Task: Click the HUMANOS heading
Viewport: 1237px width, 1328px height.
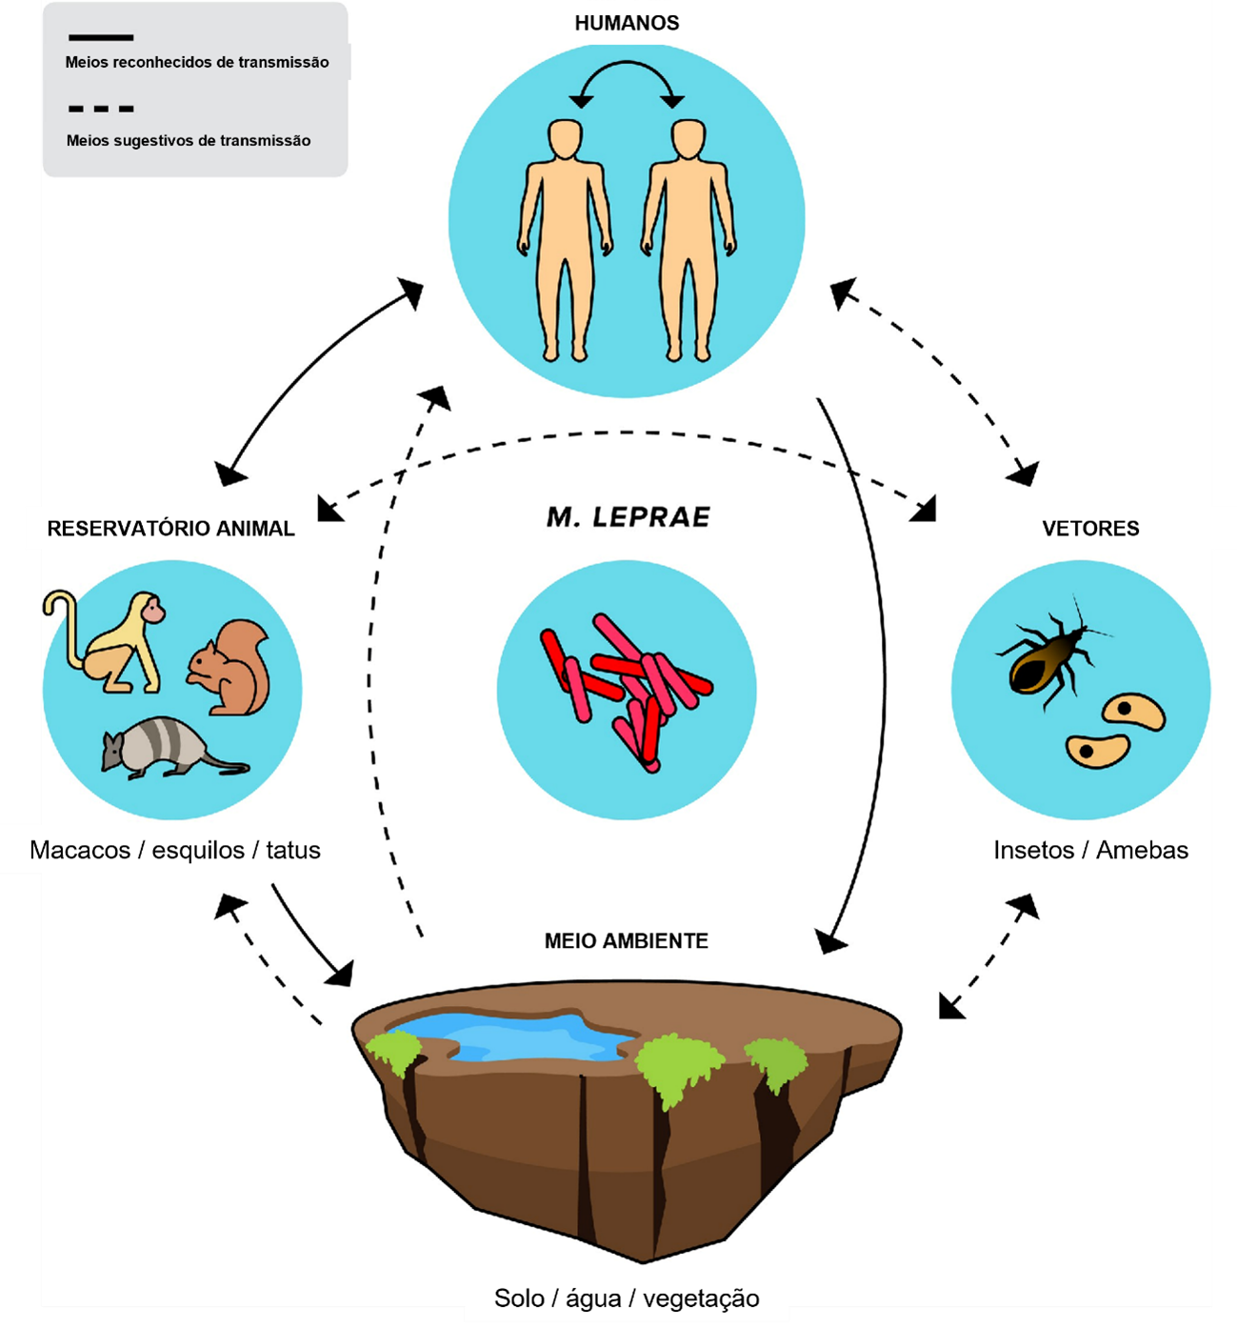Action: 627,23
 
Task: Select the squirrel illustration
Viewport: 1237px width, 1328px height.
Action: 231,667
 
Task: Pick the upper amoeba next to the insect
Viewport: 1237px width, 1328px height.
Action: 1133,710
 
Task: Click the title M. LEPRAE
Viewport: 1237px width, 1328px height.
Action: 628,517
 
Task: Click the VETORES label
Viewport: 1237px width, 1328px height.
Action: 1090,529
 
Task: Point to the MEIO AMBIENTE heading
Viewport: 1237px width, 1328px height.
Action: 627,941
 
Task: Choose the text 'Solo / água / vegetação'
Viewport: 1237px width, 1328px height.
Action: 627,1298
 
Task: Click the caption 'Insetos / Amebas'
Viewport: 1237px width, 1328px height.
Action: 1090,850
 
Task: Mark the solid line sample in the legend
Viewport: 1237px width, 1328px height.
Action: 101,38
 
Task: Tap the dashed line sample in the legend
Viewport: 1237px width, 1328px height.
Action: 101,109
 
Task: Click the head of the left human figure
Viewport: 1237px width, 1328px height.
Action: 565,139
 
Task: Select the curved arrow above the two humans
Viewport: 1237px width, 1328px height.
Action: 627,69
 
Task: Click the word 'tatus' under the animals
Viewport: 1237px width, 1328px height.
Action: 293,850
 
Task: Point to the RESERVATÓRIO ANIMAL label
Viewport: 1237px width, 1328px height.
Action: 170,529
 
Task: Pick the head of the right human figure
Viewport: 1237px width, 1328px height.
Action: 688,139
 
